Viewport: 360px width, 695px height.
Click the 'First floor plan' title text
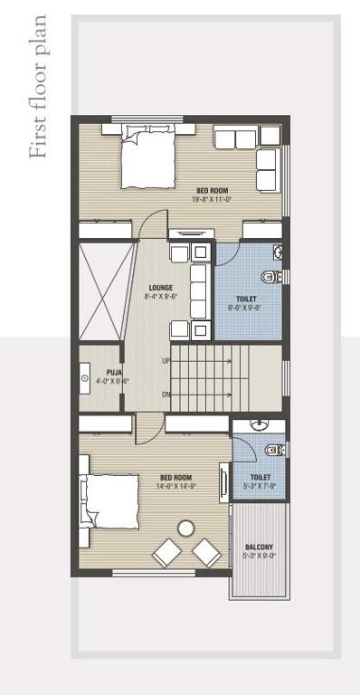38,87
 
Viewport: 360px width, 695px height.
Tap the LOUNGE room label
161,288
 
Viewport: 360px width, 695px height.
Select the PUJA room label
114,372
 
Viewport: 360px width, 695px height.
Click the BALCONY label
260,547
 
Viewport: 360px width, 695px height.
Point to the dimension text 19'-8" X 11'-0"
212,199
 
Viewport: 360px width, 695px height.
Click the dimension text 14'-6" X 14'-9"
175,486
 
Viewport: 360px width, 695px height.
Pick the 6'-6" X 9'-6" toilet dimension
245,308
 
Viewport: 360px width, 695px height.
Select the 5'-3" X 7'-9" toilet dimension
261,486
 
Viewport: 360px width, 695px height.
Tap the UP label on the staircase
166,361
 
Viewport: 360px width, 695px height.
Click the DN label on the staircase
166,394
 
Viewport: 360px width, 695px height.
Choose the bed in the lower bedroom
109,500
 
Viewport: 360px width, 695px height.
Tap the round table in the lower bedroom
186,528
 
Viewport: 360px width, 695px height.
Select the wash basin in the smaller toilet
260,423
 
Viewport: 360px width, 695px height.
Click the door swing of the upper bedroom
154,226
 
